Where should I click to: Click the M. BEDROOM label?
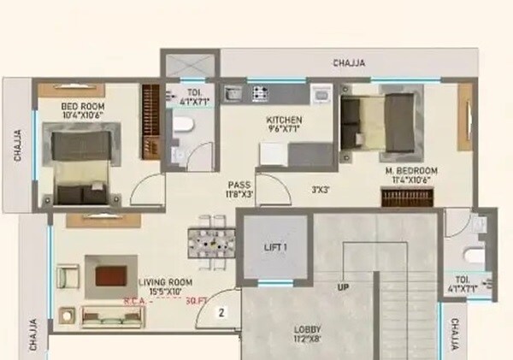(412, 171)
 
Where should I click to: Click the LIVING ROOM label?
(165, 282)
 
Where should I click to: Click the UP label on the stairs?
(344, 287)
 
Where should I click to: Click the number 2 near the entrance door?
(221, 313)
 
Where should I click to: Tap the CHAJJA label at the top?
(349, 63)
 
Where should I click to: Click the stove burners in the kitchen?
(258, 91)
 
